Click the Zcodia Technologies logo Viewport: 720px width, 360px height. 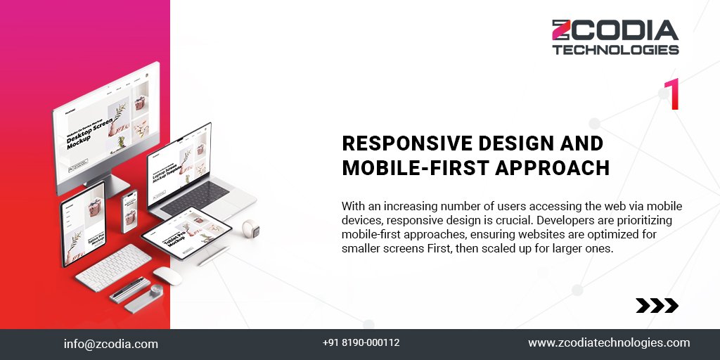point(615,37)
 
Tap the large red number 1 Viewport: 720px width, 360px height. point(671,94)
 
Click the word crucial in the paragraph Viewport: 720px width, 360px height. point(501,220)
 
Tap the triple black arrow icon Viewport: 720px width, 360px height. point(657,305)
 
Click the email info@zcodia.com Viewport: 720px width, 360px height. point(110,344)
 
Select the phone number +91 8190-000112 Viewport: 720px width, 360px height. point(361,343)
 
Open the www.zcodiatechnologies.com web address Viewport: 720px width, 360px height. point(609,343)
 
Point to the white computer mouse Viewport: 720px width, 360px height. point(167,276)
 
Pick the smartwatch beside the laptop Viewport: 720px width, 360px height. point(247,229)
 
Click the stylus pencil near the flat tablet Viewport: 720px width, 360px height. point(212,257)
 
